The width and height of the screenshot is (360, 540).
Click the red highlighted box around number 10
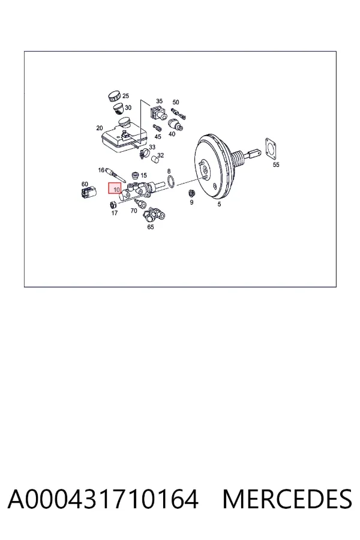[x=115, y=188]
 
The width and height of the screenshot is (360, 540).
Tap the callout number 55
[x=276, y=164]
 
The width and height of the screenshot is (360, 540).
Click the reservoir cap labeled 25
[x=114, y=97]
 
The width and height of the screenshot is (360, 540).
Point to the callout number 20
[x=99, y=128]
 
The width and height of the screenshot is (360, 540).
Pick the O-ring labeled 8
[x=171, y=181]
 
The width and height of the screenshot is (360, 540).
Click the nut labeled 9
[x=191, y=193]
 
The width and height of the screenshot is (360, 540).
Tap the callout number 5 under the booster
[x=219, y=204]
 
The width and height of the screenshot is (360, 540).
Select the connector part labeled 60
[x=89, y=192]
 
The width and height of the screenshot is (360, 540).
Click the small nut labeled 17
[x=112, y=205]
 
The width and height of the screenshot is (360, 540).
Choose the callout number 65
[x=151, y=227]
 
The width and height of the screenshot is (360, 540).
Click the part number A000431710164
[x=103, y=499]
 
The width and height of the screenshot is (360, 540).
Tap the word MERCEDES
[x=287, y=499]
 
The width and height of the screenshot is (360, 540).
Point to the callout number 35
[x=159, y=101]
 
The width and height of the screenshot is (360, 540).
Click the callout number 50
[x=176, y=102]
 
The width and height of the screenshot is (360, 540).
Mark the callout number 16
[x=101, y=170]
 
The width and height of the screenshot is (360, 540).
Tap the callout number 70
[x=134, y=211]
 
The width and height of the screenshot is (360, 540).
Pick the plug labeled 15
[x=135, y=176]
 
